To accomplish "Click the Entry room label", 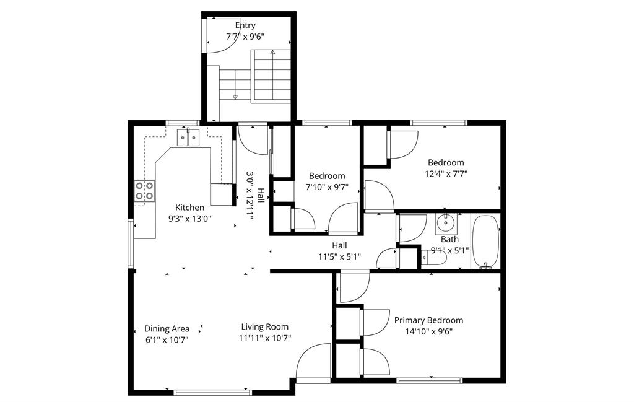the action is tap(245, 25).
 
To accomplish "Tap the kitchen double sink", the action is tap(189, 138).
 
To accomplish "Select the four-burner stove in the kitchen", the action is tap(145, 191).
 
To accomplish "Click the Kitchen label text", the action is tap(189, 208).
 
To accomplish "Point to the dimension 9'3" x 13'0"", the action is tap(189, 219).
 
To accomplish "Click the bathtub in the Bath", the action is tap(485, 242).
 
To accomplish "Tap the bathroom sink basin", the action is tap(446, 222).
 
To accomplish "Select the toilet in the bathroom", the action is tap(433, 257).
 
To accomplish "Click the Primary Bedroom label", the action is tap(428, 320).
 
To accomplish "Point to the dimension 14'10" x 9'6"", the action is tap(428, 331).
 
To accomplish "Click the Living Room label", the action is tap(265, 327).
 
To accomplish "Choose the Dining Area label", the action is tap(167, 329).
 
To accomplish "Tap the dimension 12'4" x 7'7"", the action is tap(446, 174).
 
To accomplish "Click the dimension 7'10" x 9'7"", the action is tap(327, 187).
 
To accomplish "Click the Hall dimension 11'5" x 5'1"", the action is tap(340, 256).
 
